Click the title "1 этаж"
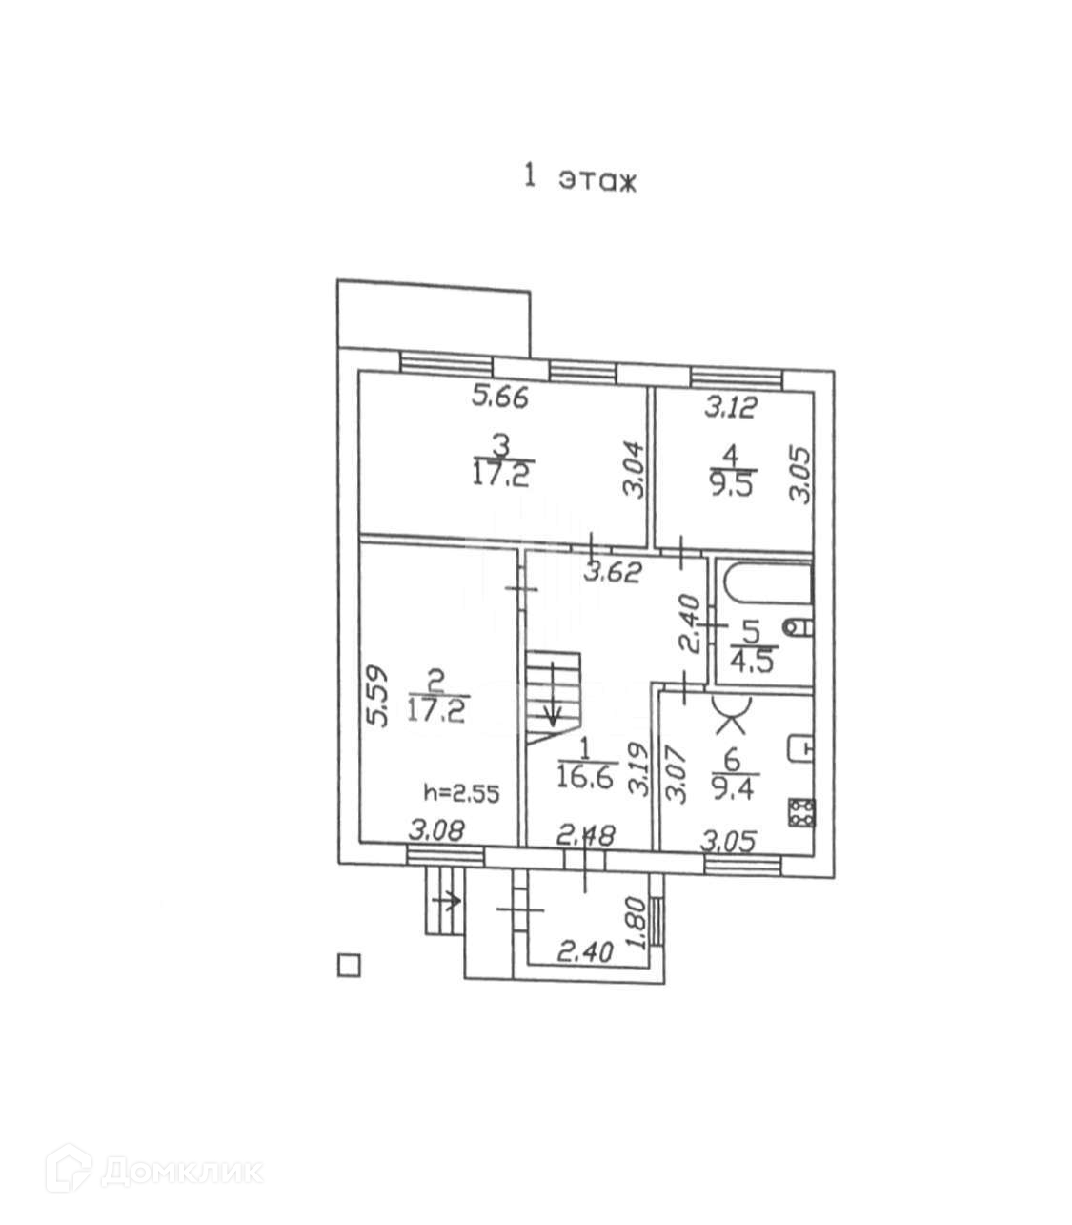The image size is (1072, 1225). pyautogui.click(x=578, y=179)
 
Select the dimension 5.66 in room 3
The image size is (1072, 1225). pyautogui.click(x=501, y=397)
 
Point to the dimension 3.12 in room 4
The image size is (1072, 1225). pyautogui.click(x=730, y=409)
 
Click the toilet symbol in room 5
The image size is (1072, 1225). pyautogui.click(x=799, y=626)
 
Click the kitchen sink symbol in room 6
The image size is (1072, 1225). pyautogui.click(x=800, y=747)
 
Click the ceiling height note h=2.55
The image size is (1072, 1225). pyautogui.click(x=461, y=791)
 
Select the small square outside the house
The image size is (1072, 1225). pyautogui.click(x=350, y=966)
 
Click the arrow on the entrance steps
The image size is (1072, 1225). pyautogui.click(x=446, y=898)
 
